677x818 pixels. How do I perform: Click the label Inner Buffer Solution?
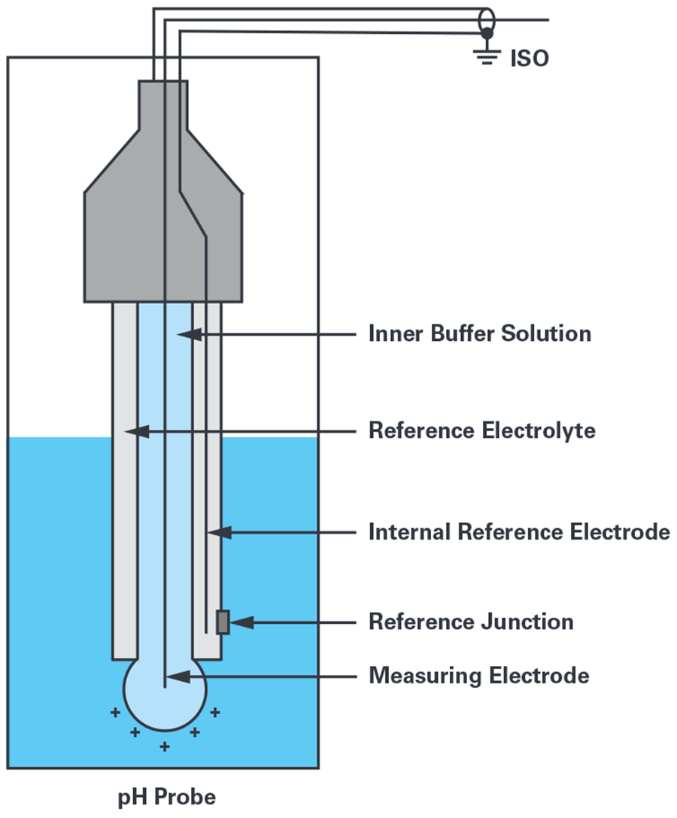(x=479, y=333)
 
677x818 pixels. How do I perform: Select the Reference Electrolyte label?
(x=481, y=431)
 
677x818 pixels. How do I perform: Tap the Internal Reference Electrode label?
(x=518, y=532)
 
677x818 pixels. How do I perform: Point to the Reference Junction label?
(x=471, y=622)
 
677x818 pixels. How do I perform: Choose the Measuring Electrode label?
(x=478, y=675)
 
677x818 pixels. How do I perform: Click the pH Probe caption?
(x=166, y=797)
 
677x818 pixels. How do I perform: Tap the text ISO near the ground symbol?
(x=530, y=58)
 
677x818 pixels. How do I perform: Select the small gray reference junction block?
(x=223, y=622)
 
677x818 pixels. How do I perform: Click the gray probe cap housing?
(x=162, y=226)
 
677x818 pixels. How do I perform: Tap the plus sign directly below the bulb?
(x=165, y=747)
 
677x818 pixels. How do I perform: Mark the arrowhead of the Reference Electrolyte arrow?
(x=135, y=431)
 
